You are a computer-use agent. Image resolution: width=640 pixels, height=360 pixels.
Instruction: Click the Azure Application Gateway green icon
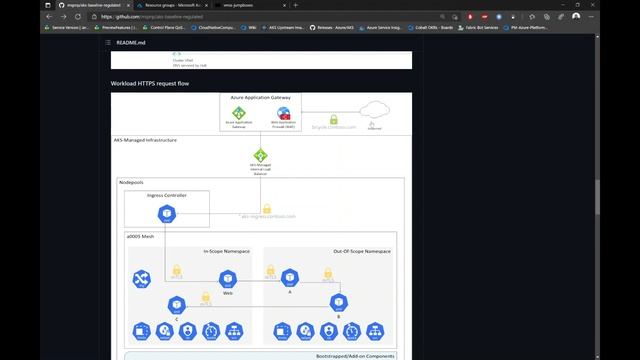(x=239, y=113)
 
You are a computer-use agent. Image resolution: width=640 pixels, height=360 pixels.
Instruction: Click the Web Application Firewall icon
(x=284, y=113)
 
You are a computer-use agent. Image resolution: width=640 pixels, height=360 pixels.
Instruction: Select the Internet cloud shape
(x=374, y=112)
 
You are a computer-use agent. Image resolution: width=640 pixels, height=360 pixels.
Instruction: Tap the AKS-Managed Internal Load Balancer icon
(x=260, y=156)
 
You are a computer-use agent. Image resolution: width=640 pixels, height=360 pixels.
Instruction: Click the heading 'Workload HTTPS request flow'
(x=150, y=83)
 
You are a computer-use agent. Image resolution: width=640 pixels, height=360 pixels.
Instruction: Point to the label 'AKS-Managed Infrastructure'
(x=145, y=140)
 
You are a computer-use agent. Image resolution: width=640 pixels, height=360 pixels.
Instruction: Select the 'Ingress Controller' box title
(x=166, y=195)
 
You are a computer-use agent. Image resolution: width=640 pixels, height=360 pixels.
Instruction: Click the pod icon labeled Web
(x=227, y=278)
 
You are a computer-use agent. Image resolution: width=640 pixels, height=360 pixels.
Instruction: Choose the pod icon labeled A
(x=289, y=275)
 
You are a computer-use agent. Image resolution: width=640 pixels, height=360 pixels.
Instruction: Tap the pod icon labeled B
(x=339, y=302)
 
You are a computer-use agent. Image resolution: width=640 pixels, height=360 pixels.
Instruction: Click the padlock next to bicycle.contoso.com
(x=334, y=120)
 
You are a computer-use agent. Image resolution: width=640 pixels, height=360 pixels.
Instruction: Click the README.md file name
(x=132, y=43)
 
